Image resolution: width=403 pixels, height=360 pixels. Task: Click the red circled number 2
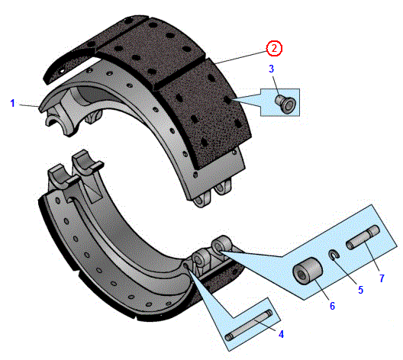coord(274,48)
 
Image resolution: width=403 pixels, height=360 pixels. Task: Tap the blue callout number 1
coord(12,103)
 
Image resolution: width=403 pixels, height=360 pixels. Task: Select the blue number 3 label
coord(271,69)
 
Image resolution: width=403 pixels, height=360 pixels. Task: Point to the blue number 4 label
coord(281,334)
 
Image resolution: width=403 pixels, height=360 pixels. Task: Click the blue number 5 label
coord(360,290)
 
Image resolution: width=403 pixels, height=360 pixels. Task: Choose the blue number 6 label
coord(332,306)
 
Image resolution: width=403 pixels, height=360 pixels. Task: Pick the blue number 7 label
coord(382,278)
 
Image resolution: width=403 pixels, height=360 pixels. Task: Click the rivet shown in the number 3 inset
coord(285,103)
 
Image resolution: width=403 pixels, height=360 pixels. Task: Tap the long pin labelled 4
coord(248,326)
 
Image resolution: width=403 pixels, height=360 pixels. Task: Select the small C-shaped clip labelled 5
coord(334,255)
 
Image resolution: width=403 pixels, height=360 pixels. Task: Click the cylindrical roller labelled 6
coord(308,271)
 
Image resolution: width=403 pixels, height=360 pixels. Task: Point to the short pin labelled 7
coord(363,237)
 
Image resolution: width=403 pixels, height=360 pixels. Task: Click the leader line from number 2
coord(241,57)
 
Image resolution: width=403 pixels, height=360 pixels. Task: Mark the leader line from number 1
coord(29,105)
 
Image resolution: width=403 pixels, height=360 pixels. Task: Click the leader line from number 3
coord(276,85)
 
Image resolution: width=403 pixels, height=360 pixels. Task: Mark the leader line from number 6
coord(321,288)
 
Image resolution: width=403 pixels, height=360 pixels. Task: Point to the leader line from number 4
coord(266,326)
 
